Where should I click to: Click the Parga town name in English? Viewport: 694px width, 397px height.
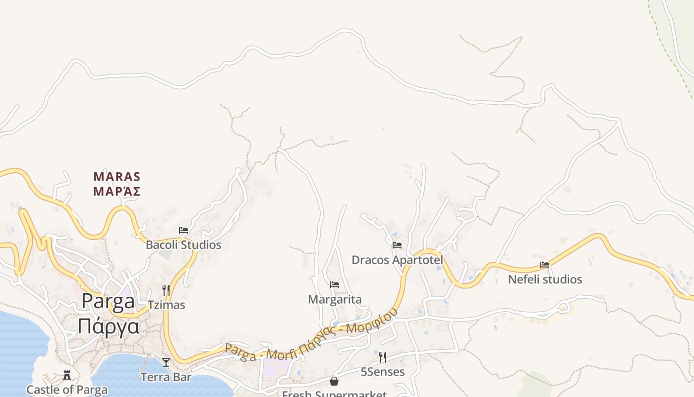coord(108,302)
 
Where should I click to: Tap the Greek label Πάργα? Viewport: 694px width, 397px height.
coord(108,327)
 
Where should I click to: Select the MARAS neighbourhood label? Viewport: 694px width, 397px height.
coord(117,177)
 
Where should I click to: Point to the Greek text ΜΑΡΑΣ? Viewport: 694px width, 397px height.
coord(117,192)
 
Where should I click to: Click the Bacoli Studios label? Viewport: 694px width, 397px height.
coord(183,245)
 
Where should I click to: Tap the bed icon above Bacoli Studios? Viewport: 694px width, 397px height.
coord(183,230)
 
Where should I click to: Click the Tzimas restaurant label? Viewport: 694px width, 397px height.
coord(167,305)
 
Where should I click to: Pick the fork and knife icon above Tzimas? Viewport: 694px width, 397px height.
coord(166,290)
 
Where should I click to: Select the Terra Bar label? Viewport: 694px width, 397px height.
coord(166,377)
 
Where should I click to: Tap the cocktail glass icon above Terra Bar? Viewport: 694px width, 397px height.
coord(166,362)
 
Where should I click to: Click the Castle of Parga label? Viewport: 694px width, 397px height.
coord(67,390)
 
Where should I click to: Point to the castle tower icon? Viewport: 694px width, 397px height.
coord(67,375)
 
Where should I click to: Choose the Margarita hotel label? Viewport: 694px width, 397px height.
coord(335,300)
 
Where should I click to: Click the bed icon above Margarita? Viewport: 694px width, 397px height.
coord(335,285)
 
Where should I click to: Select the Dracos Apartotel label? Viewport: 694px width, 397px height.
coord(397,260)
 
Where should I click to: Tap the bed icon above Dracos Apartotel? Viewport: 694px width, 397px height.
coord(397,245)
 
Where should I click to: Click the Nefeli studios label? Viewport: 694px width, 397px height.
coord(545,280)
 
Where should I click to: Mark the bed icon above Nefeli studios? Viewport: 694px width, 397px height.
coord(545,265)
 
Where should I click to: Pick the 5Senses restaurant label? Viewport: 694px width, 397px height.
coord(382,372)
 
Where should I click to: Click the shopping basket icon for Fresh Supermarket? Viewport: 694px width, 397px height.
coord(334,381)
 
